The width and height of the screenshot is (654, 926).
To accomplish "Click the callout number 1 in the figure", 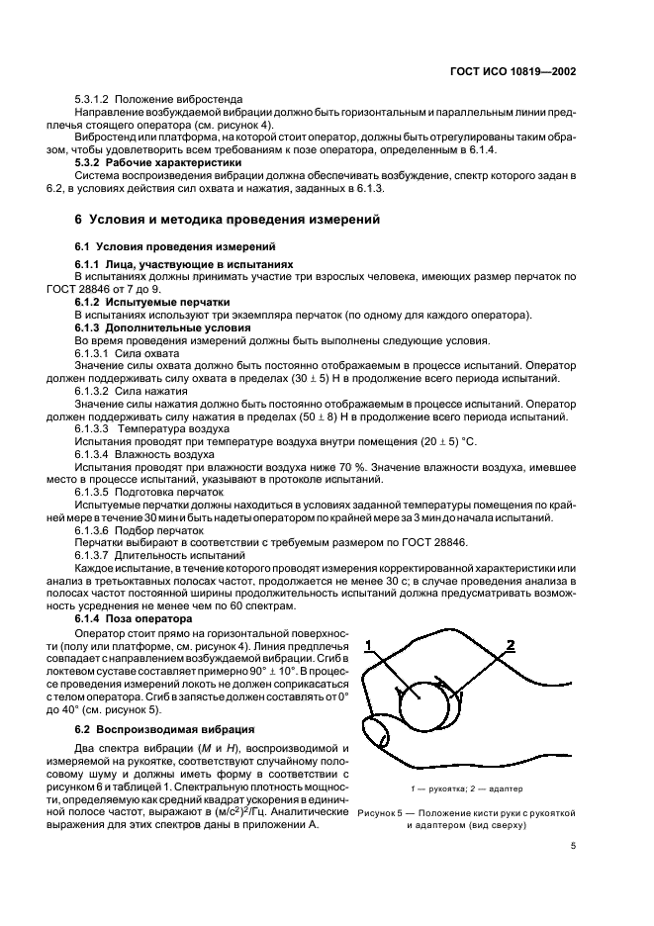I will click(368, 645).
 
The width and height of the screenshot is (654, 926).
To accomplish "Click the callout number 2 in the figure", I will click(511, 645).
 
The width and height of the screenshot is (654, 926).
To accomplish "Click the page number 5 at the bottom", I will click(573, 846).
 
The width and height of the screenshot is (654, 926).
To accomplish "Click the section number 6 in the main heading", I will click(80, 219).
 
